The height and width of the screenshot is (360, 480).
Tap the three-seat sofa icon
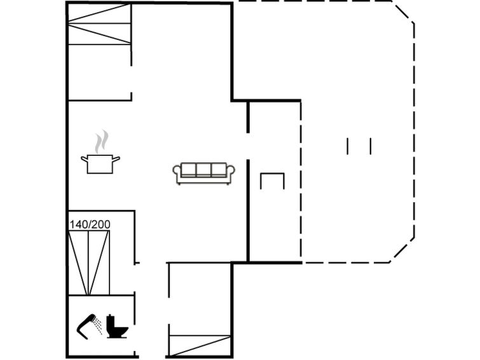[203, 172]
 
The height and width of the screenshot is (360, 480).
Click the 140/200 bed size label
[88, 224]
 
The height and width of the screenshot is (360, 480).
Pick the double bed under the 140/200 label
[89, 262]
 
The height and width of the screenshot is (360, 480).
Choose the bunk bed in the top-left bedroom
[99, 25]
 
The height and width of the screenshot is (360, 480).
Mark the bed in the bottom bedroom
[199, 343]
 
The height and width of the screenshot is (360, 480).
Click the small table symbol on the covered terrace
[273, 181]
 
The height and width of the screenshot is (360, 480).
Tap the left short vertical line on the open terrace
[348, 146]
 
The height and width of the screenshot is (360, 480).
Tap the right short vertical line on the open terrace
[370, 146]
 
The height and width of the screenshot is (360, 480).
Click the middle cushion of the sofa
[203, 170]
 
